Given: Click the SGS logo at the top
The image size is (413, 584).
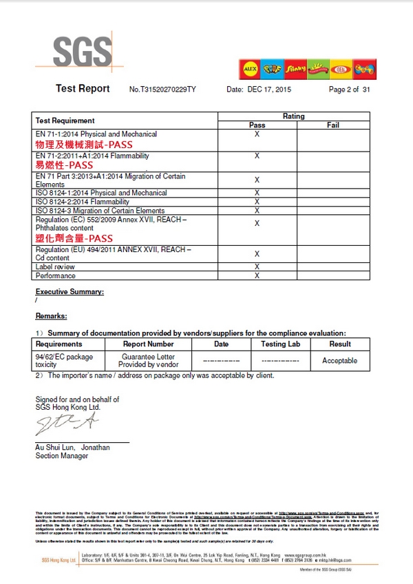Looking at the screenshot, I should (x=83, y=52).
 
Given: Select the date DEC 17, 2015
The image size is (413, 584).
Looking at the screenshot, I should (x=268, y=90).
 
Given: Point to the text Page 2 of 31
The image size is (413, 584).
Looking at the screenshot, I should (x=350, y=90).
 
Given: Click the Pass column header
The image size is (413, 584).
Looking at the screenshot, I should (x=257, y=125).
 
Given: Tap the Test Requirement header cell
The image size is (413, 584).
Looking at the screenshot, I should (x=65, y=121).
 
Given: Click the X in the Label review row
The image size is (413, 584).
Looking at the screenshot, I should (x=257, y=267).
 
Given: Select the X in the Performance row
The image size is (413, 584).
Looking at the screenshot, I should (x=257, y=275).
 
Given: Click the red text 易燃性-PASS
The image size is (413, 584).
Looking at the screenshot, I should (x=64, y=165).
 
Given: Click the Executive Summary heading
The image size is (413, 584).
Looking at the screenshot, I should (x=70, y=292).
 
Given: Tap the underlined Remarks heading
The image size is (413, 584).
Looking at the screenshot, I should (x=51, y=315).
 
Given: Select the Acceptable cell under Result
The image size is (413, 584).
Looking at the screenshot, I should (x=339, y=360).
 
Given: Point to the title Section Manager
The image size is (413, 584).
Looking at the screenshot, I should (x=61, y=456).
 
